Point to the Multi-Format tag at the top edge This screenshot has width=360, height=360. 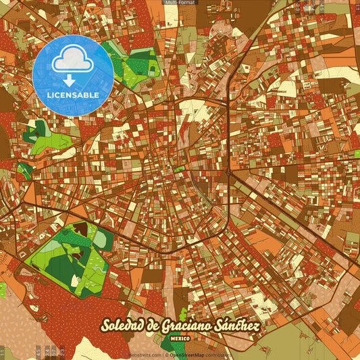pyautogui.click(x=180, y=3)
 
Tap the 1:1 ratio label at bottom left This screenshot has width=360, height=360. pyautogui.click(x=3, y=352)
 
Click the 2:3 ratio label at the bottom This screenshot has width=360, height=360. pyautogui.click(x=62, y=351)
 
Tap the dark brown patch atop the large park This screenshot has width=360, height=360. pyautogui.click(x=81, y=230)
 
